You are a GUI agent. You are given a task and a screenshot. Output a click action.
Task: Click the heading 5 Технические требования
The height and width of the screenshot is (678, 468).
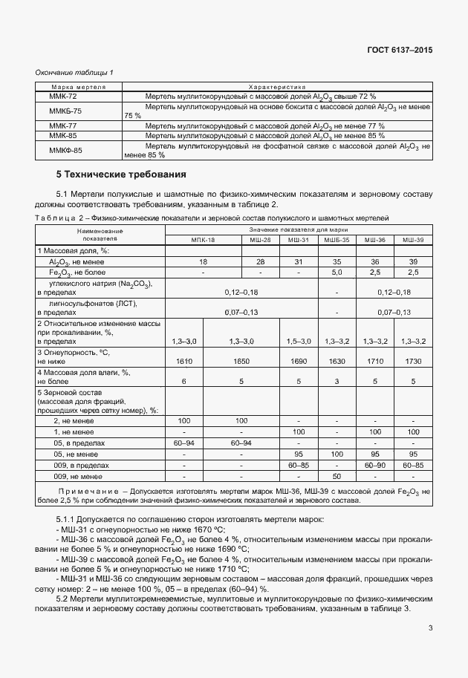pos(121,175)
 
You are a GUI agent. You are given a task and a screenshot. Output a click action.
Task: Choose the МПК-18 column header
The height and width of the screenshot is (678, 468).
pos(202,241)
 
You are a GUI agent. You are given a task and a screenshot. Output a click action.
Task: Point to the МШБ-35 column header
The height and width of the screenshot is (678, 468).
pos(337,241)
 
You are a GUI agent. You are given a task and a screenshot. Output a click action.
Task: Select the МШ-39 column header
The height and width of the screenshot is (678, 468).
pos(412,241)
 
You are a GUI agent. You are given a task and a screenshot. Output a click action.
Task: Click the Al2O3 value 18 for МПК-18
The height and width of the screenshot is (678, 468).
pos(202,262)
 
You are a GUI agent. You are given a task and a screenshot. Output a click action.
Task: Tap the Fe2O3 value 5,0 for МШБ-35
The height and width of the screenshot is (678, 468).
pos(337,273)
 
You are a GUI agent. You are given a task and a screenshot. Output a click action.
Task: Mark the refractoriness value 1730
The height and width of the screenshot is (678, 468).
pos(412,359)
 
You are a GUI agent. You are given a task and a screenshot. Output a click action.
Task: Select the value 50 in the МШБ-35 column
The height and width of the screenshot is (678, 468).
pos(337,476)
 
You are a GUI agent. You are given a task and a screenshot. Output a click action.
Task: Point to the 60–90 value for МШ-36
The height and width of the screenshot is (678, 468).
pos(375,465)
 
